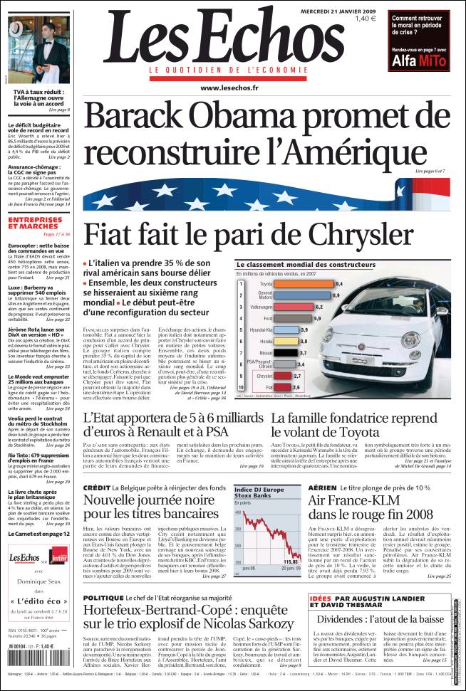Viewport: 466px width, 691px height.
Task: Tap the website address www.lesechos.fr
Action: [x=229, y=88]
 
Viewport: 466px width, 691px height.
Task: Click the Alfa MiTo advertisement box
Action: [x=420, y=41]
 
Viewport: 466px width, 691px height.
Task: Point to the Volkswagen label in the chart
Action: [x=259, y=307]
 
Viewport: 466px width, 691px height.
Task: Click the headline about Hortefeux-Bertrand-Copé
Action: [x=188, y=617]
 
